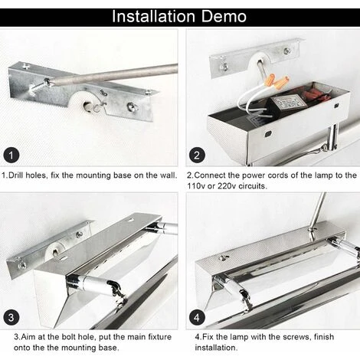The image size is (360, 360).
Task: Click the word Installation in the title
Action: pos(154,16)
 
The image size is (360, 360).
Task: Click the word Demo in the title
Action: pos(224,16)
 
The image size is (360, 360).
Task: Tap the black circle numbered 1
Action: pos(11,155)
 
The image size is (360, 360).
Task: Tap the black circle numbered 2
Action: pos(197,155)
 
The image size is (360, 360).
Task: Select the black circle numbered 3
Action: pos(11,317)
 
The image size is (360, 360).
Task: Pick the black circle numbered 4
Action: pos(197,317)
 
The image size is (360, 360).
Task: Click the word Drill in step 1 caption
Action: pos(18,175)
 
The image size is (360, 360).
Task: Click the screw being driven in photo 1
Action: pos(39,87)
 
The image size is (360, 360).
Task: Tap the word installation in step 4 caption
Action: pos(216,348)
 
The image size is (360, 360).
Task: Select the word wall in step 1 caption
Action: pos(168,175)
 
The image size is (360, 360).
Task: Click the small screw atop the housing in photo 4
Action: pos(224,258)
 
